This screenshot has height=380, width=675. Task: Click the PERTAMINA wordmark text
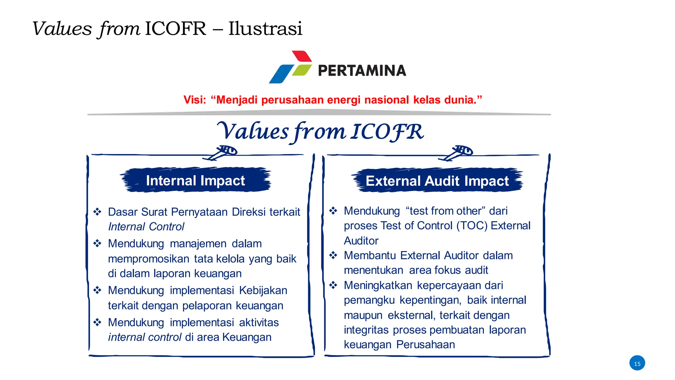tap(362, 71)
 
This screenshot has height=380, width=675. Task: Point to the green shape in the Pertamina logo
tap(302, 70)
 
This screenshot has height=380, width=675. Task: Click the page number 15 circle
tap(637, 363)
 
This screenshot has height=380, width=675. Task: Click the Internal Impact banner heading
tap(195, 180)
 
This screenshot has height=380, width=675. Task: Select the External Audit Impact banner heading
tap(437, 181)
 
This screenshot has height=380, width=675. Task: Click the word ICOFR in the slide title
tap(175, 28)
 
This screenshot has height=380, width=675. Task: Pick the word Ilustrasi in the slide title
tap(265, 28)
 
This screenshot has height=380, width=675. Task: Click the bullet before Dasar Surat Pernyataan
tap(97, 211)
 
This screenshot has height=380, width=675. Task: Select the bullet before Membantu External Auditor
tap(333, 255)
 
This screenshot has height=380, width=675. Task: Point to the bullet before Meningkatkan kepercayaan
tap(333, 285)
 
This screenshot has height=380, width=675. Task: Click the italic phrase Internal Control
tap(146, 227)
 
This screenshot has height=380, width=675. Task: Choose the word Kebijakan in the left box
tap(263, 290)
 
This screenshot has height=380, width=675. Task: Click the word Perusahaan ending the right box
tap(426, 344)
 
